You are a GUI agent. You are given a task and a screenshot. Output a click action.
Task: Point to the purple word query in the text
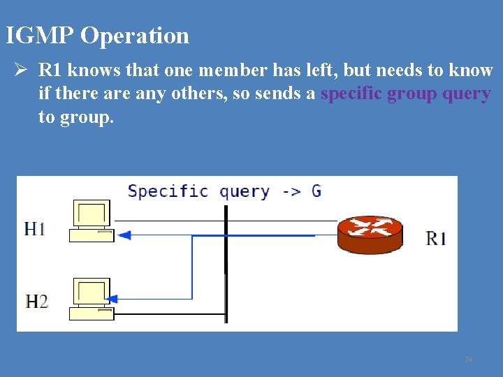(466, 94)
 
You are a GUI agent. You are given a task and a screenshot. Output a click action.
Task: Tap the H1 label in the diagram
(36, 228)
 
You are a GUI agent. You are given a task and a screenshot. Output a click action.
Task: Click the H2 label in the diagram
(36, 302)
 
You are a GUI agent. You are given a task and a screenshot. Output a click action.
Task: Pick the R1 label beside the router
(436, 239)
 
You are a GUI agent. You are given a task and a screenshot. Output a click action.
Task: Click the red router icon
(370, 234)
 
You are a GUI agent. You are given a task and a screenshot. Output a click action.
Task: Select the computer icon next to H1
(92, 220)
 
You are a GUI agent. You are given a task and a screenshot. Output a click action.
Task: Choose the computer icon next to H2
(92, 298)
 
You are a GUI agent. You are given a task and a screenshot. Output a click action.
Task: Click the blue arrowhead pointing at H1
(124, 235)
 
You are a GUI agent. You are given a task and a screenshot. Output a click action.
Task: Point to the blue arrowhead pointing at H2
(111, 299)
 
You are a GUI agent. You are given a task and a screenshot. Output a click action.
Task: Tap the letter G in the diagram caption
(316, 191)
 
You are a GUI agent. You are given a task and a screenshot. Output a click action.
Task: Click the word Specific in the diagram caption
(168, 191)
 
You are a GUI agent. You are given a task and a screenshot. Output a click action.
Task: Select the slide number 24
(468, 360)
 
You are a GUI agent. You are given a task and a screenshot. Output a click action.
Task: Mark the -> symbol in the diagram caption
(289, 191)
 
